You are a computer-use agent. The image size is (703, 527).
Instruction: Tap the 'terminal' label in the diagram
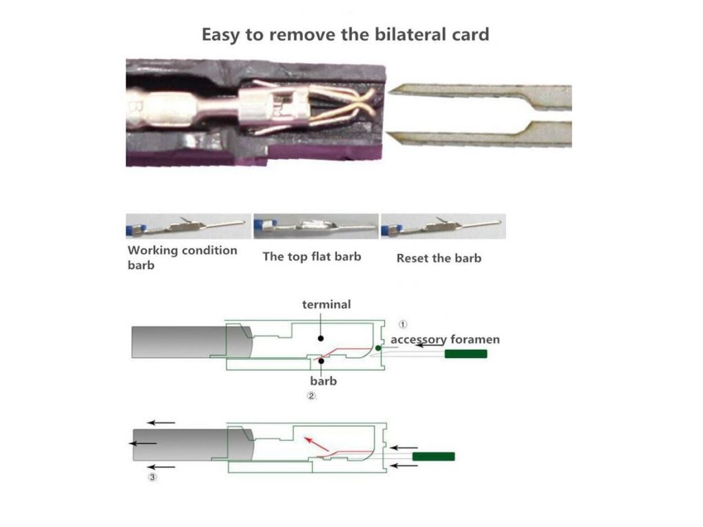click(x=326, y=304)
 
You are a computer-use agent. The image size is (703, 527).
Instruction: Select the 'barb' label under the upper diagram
click(x=323, y=380)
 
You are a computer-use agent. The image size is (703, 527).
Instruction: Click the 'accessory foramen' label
click(x=445, y=339)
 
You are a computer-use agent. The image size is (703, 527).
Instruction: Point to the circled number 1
click(x=404, y=323)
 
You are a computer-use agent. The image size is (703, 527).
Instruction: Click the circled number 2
click(x=311, y=396)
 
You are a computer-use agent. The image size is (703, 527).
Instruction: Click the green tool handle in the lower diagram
click(x=433, y=456)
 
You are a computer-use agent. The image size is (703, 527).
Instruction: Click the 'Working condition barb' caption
click(x=182, y=257)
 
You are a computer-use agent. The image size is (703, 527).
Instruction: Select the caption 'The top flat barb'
click(x=312, y=257)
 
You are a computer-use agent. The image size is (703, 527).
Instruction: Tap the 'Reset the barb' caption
click(x=439, y=258)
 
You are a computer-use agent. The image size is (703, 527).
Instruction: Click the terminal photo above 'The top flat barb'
click(x=316, y=226)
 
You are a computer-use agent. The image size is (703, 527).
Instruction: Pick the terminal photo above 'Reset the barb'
click(x=443, y=226)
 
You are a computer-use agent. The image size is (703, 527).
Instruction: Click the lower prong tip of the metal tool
click(x=395, y=137)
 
